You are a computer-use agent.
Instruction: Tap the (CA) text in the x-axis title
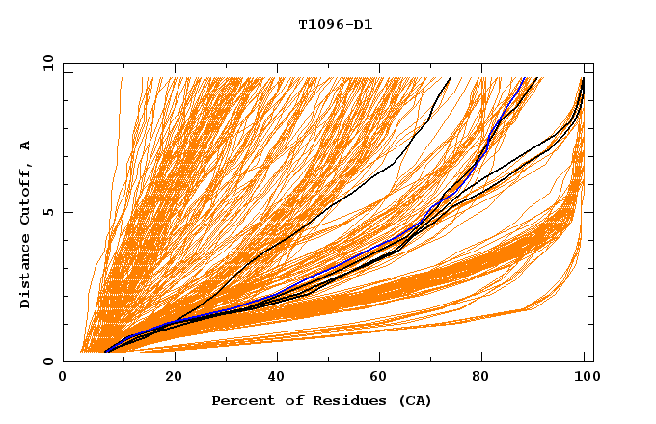(x=415, y=400)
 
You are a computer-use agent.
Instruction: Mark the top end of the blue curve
(x=524, y=78)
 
